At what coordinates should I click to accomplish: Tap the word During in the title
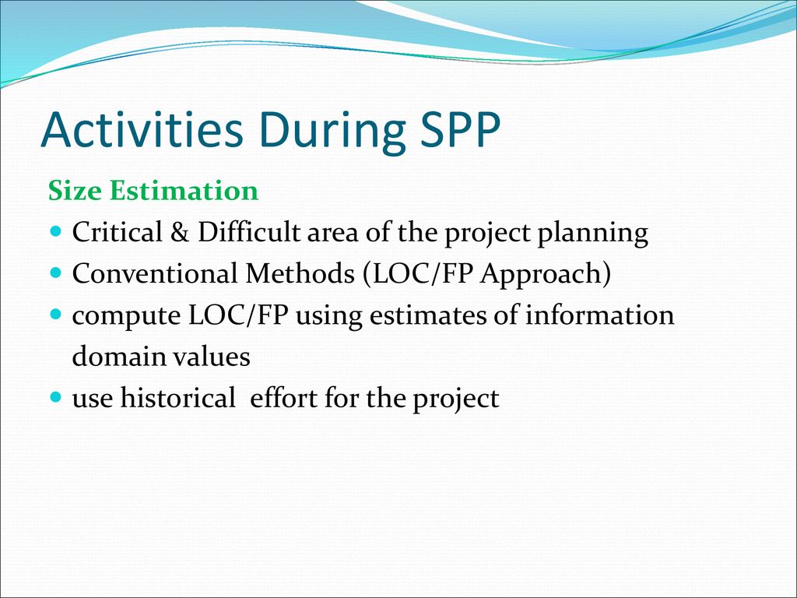coord(332,132)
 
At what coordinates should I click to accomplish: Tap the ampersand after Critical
coord(180,232)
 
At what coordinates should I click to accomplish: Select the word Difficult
coord(249,231)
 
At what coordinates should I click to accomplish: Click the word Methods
coord(300,273)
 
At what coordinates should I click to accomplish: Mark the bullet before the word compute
coord(56,315)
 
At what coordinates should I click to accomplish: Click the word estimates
coord(428,315)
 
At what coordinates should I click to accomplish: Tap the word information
coord(600,315)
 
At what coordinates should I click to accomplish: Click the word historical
coord(178,398)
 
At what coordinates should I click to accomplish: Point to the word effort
coord(283,398)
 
